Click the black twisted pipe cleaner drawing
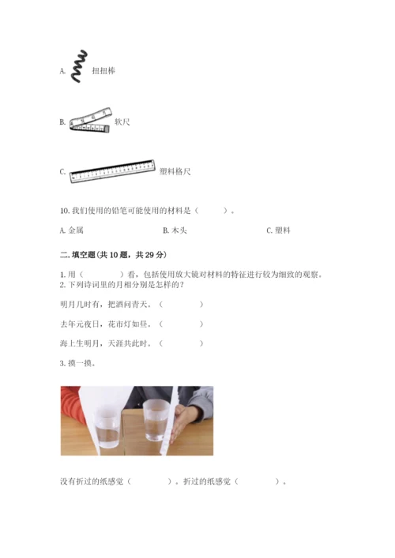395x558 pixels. click(x=79, y=67)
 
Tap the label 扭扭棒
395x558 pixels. click(x=103, y=71)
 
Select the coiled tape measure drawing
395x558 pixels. click(x=91, y=121)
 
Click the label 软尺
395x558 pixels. click(x=122, y=122)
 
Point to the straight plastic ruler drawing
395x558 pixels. click(x=112, y=171)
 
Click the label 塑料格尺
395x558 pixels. click(x=175, y=171)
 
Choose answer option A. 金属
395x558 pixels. click(x=72, y=230)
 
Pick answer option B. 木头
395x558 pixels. click(x=175, y=230)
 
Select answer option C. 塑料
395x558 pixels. click(x=279, y=230)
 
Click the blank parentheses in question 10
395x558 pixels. click(x=211, y=211)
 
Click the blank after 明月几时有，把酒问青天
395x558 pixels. click(x=181, y=305)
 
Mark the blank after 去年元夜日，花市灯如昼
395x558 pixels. click(x=181, y=324)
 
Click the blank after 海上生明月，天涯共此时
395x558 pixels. click(x=181, y=343)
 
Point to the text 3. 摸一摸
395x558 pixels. click(x=77, y=363)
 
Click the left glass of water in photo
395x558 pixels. click(x=107, y=428)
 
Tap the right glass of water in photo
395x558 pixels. click(x=156, y=420)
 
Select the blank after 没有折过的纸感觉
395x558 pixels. click(x=149, y=481)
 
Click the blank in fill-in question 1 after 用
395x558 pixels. click(x=102, y=275)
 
